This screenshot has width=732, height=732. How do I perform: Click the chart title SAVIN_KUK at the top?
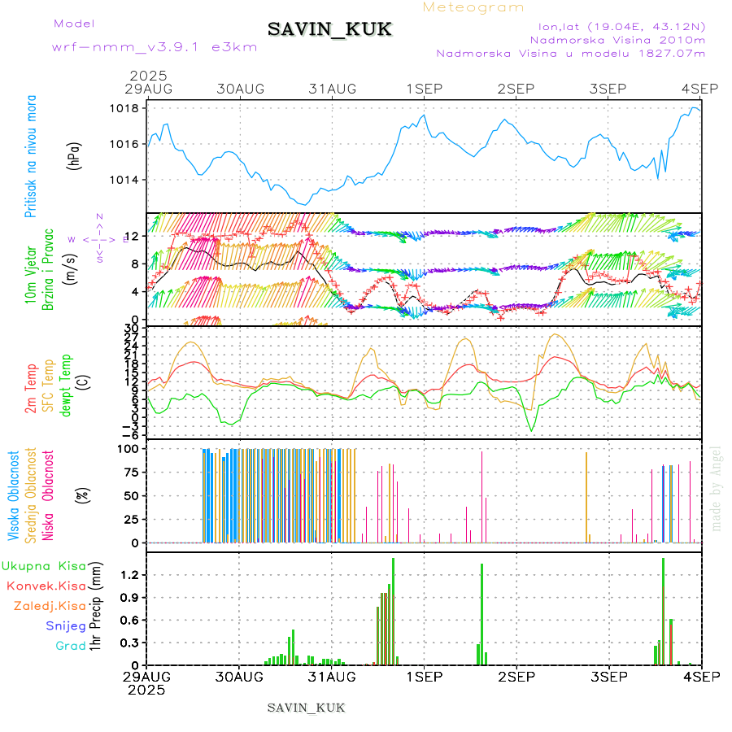point(329,29)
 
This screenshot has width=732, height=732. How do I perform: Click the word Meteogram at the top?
point(473,7)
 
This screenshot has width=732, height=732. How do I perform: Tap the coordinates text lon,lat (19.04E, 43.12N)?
point(616,26)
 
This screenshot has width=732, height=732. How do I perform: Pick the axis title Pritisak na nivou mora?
point(31,157)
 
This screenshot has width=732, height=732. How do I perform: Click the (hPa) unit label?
point(73,155)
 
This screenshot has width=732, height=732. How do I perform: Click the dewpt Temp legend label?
point(65,381)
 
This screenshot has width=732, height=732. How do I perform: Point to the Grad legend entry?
point(71,646)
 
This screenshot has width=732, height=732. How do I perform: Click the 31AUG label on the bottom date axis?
point(332,676)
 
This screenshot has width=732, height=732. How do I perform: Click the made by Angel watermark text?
point(717,488)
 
